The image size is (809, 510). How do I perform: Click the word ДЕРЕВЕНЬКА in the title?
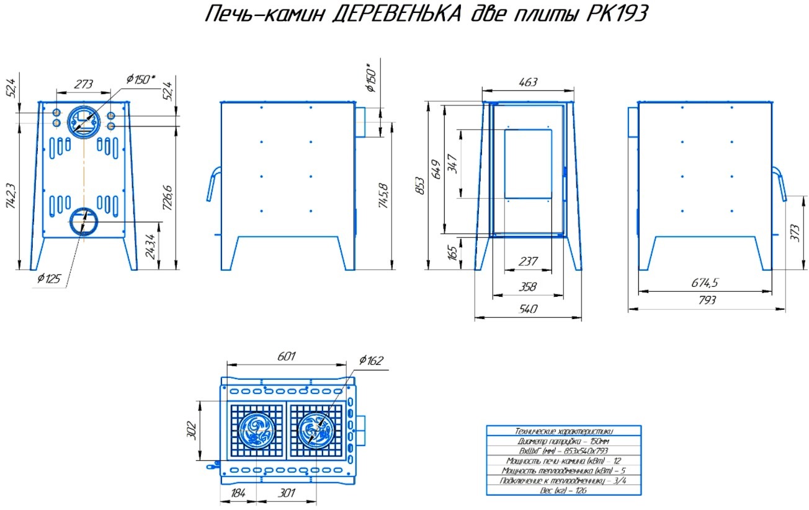397,14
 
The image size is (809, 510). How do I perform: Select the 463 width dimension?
527,82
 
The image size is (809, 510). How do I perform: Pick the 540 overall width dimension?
527,309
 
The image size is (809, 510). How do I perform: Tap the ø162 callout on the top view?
371,361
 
